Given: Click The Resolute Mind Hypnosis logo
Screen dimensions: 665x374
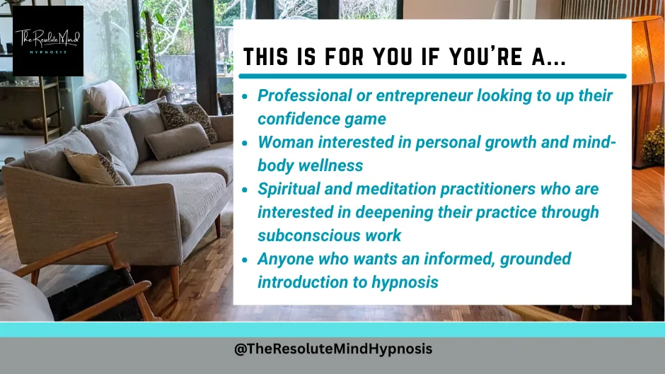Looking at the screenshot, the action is pyautogui.click(x=48, y=41).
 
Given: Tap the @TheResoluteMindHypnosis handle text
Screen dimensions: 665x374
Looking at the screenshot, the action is pyautogui.click(x=333, y=349).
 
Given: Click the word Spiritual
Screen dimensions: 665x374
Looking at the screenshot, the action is pyautogui.click(x=289, y=189).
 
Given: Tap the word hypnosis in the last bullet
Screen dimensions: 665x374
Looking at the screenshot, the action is pyautogui.click(x=405, y=282).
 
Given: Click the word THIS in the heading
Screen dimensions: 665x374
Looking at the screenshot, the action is pyautogui.click(x=265, y=57).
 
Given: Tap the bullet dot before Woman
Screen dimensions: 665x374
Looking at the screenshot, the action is pyautogui.click(x=245, y=144).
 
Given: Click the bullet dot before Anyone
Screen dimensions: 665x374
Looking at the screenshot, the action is pyautogui.click(x=245, y=260).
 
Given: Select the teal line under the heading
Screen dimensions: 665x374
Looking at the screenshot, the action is pyautogui.click(x=432, y=76).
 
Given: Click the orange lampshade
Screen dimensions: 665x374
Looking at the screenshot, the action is pyautogui.click(x=646, y=50).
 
